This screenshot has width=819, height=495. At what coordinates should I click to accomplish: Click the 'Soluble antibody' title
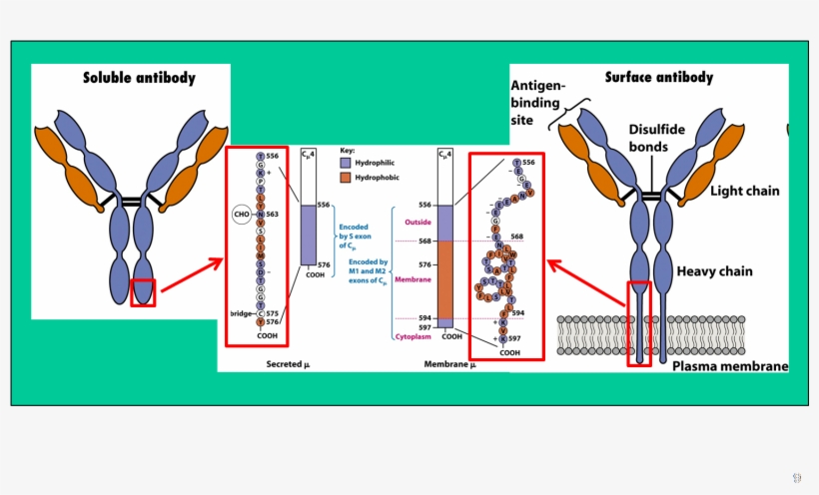pos(139,78)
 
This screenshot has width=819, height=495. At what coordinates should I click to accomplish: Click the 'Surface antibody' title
pos(659,77)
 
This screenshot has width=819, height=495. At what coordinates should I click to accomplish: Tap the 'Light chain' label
pos(744,191)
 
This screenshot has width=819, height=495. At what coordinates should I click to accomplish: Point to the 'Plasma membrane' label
pos(729,366)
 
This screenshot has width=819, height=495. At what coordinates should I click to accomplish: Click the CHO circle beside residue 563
pos(241,214)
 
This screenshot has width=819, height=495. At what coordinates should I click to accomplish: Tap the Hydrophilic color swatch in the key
pos(346,161)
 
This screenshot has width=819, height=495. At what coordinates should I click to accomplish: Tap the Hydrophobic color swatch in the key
pos(346,176)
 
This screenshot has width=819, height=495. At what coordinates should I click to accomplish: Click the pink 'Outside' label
pos(417,222)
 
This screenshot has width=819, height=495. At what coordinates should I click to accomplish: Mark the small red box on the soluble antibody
pos(143,292)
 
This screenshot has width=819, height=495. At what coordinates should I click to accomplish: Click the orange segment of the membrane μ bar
pos(446,278)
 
